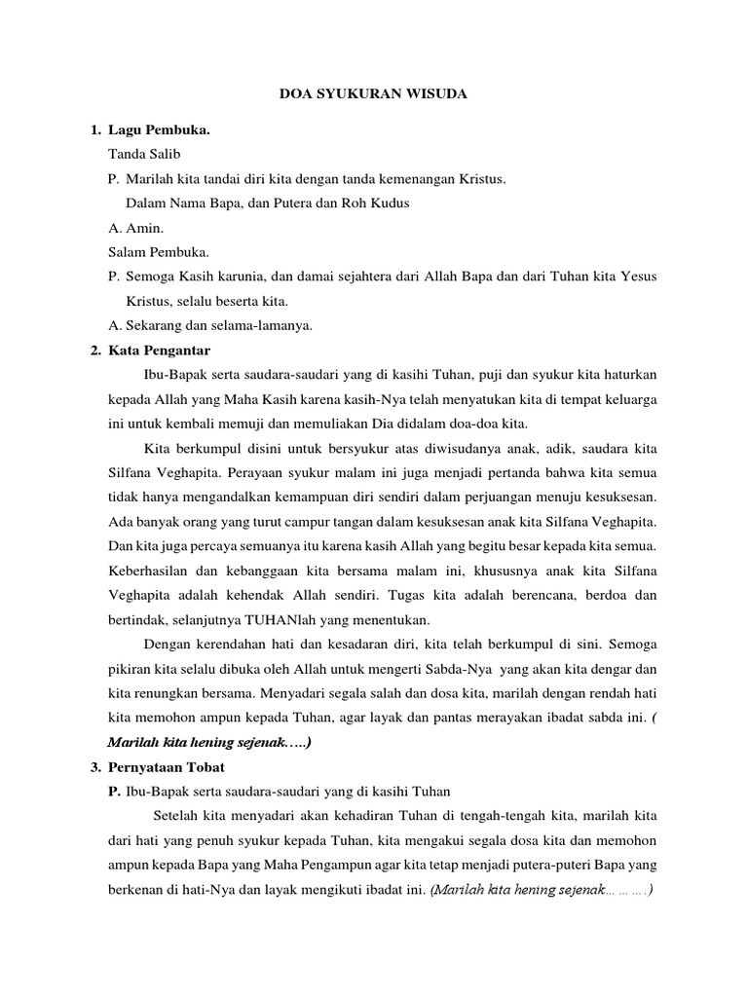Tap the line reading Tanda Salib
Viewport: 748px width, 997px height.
pyautogui.click(x=144, y=154)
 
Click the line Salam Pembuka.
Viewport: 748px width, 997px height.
pyautogui.click(x=160, y=252)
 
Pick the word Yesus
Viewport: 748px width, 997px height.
pyautogui.click(x=638, y=277)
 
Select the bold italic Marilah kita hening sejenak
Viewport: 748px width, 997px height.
pyautogui.click(x=207, y=743)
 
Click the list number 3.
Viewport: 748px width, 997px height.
pyautogui.click(x=93, y=767)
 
